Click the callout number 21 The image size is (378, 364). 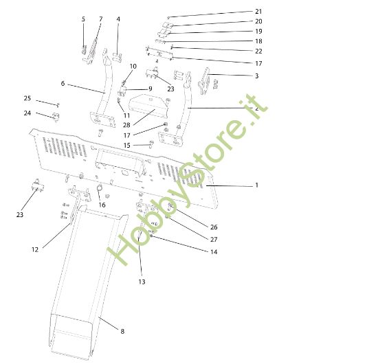[258, 12]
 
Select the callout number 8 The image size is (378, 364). [122, 331]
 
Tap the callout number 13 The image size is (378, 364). [142, 282]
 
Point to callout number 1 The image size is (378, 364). [257, 185]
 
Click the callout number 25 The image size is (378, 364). [27, 98]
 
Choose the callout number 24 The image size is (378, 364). [27, 113]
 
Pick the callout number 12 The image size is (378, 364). [35, 249]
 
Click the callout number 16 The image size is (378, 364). [102, 205]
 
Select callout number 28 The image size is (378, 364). [126, 125]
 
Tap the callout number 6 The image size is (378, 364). [63, 83]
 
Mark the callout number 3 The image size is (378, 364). [257, 76]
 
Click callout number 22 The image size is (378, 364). [258, 51]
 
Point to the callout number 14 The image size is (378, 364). [214, 252]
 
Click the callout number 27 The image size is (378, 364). [214, 240]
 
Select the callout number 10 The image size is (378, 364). [133, 66]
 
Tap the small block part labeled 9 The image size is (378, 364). [123, 92]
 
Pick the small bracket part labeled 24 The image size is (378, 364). [56, 117]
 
